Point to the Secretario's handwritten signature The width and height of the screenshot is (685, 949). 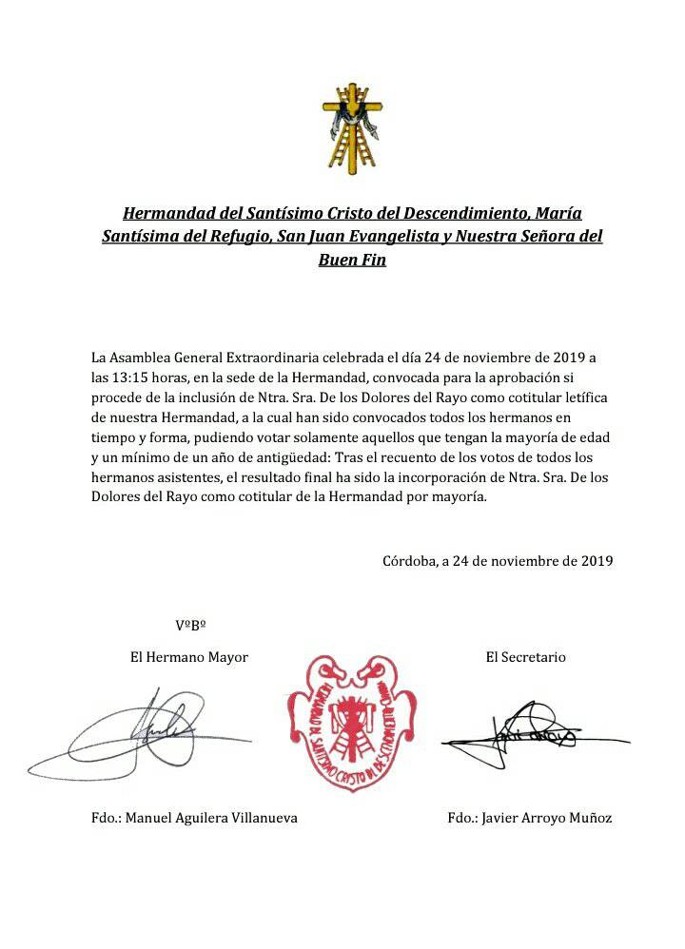(523, 733)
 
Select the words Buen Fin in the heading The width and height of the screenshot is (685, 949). (352, 259)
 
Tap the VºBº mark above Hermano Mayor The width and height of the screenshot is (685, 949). (191, 625)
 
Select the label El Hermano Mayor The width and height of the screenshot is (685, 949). (189, 657)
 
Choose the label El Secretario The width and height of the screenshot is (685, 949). (525, 657)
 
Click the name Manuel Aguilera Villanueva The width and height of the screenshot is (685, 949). (211, 818)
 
